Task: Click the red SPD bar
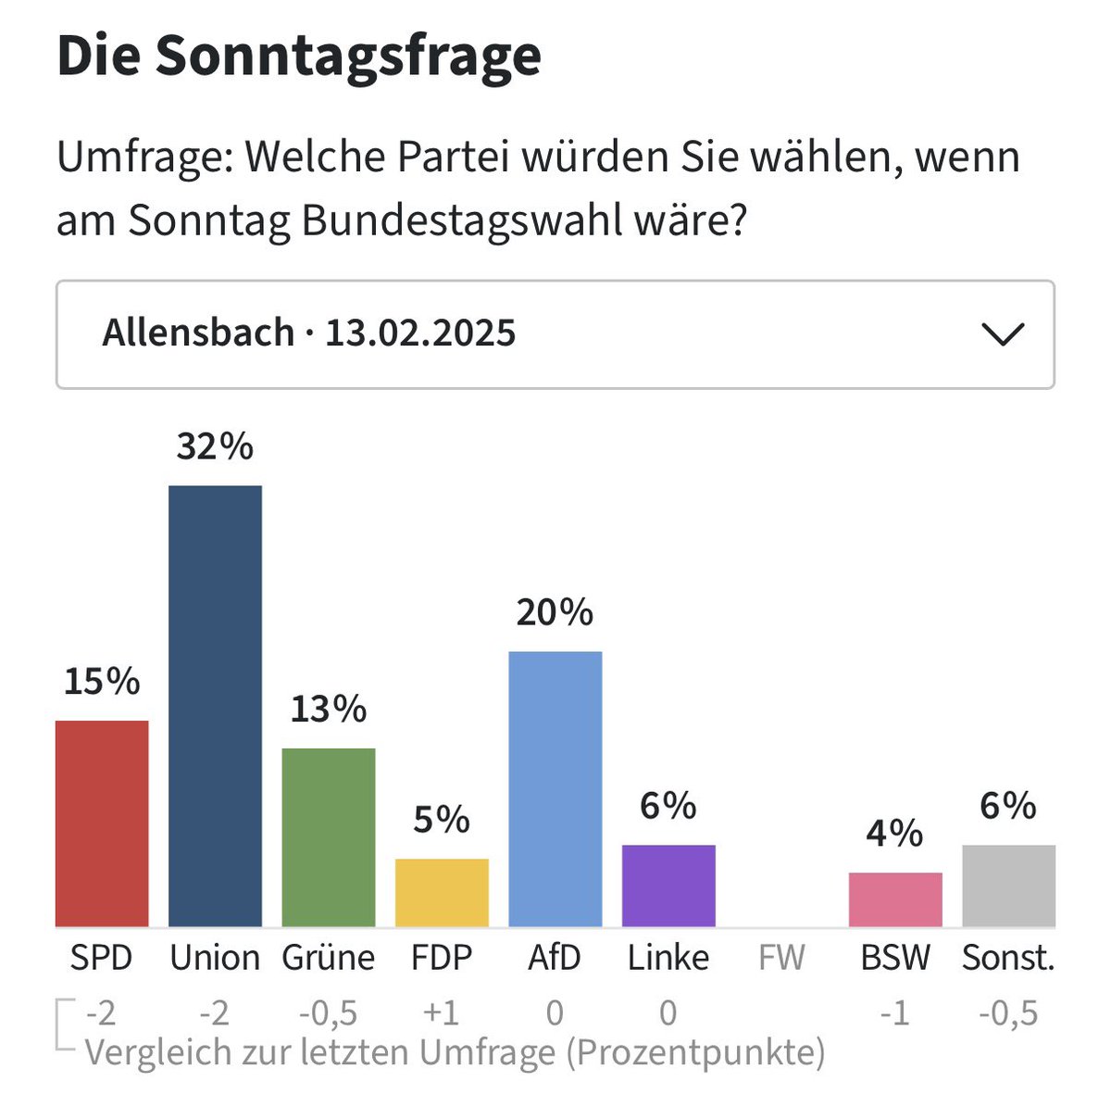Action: (102, 823)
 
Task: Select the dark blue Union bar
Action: (215, 706)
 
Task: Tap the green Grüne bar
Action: (329, 837)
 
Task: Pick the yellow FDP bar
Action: (442, 893)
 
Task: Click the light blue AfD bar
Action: (555, 789)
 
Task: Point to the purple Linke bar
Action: (668, 886)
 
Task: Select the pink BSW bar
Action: (895, 899)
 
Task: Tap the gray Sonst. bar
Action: (1008, 886)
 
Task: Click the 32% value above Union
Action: (215, 447)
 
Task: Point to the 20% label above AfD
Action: (555, 613)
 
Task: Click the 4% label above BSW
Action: (894, 834)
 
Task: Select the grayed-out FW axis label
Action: (781, 958)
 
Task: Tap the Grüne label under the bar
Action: (329, 958)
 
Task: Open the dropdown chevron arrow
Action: (1003, 334)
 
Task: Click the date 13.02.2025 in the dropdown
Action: (420, 333)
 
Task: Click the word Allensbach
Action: (198, 333)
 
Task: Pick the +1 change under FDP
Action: (442, 1013)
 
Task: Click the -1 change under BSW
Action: (894, 1013)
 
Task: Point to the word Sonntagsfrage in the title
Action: (348, 57)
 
